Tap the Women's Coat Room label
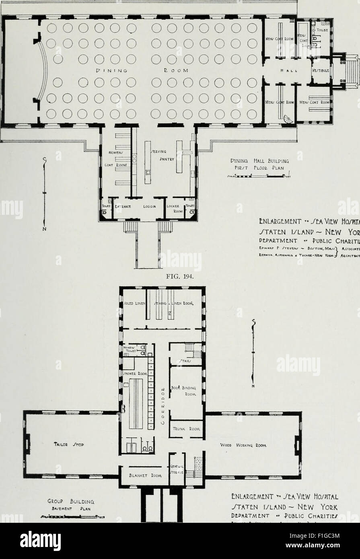[x=118, y=159]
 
